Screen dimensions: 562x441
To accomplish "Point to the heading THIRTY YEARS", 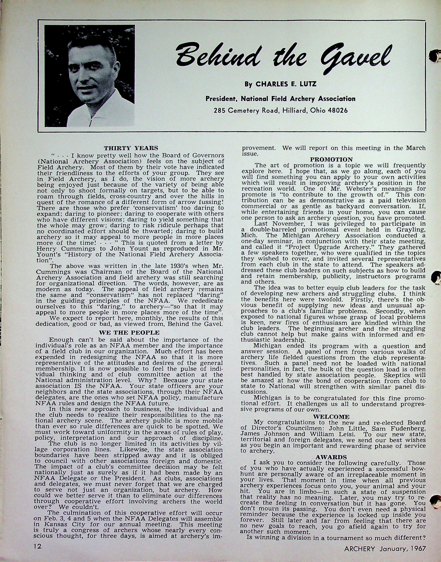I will pyautogui.click(x=131, y=148).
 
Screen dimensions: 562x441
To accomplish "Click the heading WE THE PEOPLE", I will pyautogui.click(x=129, y=333).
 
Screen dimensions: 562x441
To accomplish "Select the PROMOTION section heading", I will pyautogui.click(x=331, y=160).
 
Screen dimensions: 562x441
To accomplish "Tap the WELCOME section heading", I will pyautogui.click(x=331, y=417).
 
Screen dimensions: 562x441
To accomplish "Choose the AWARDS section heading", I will pyautogui.click(x=331, y=458).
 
